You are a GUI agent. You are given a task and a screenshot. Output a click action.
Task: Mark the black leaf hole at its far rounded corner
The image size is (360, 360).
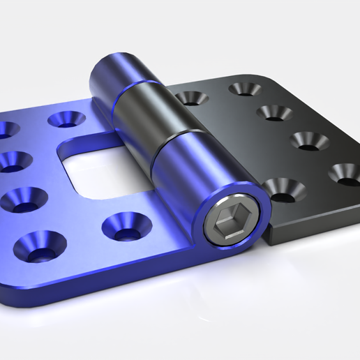[x=245, y=89]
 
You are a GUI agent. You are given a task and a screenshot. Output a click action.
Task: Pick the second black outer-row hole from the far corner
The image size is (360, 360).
[x=273, y=112]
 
